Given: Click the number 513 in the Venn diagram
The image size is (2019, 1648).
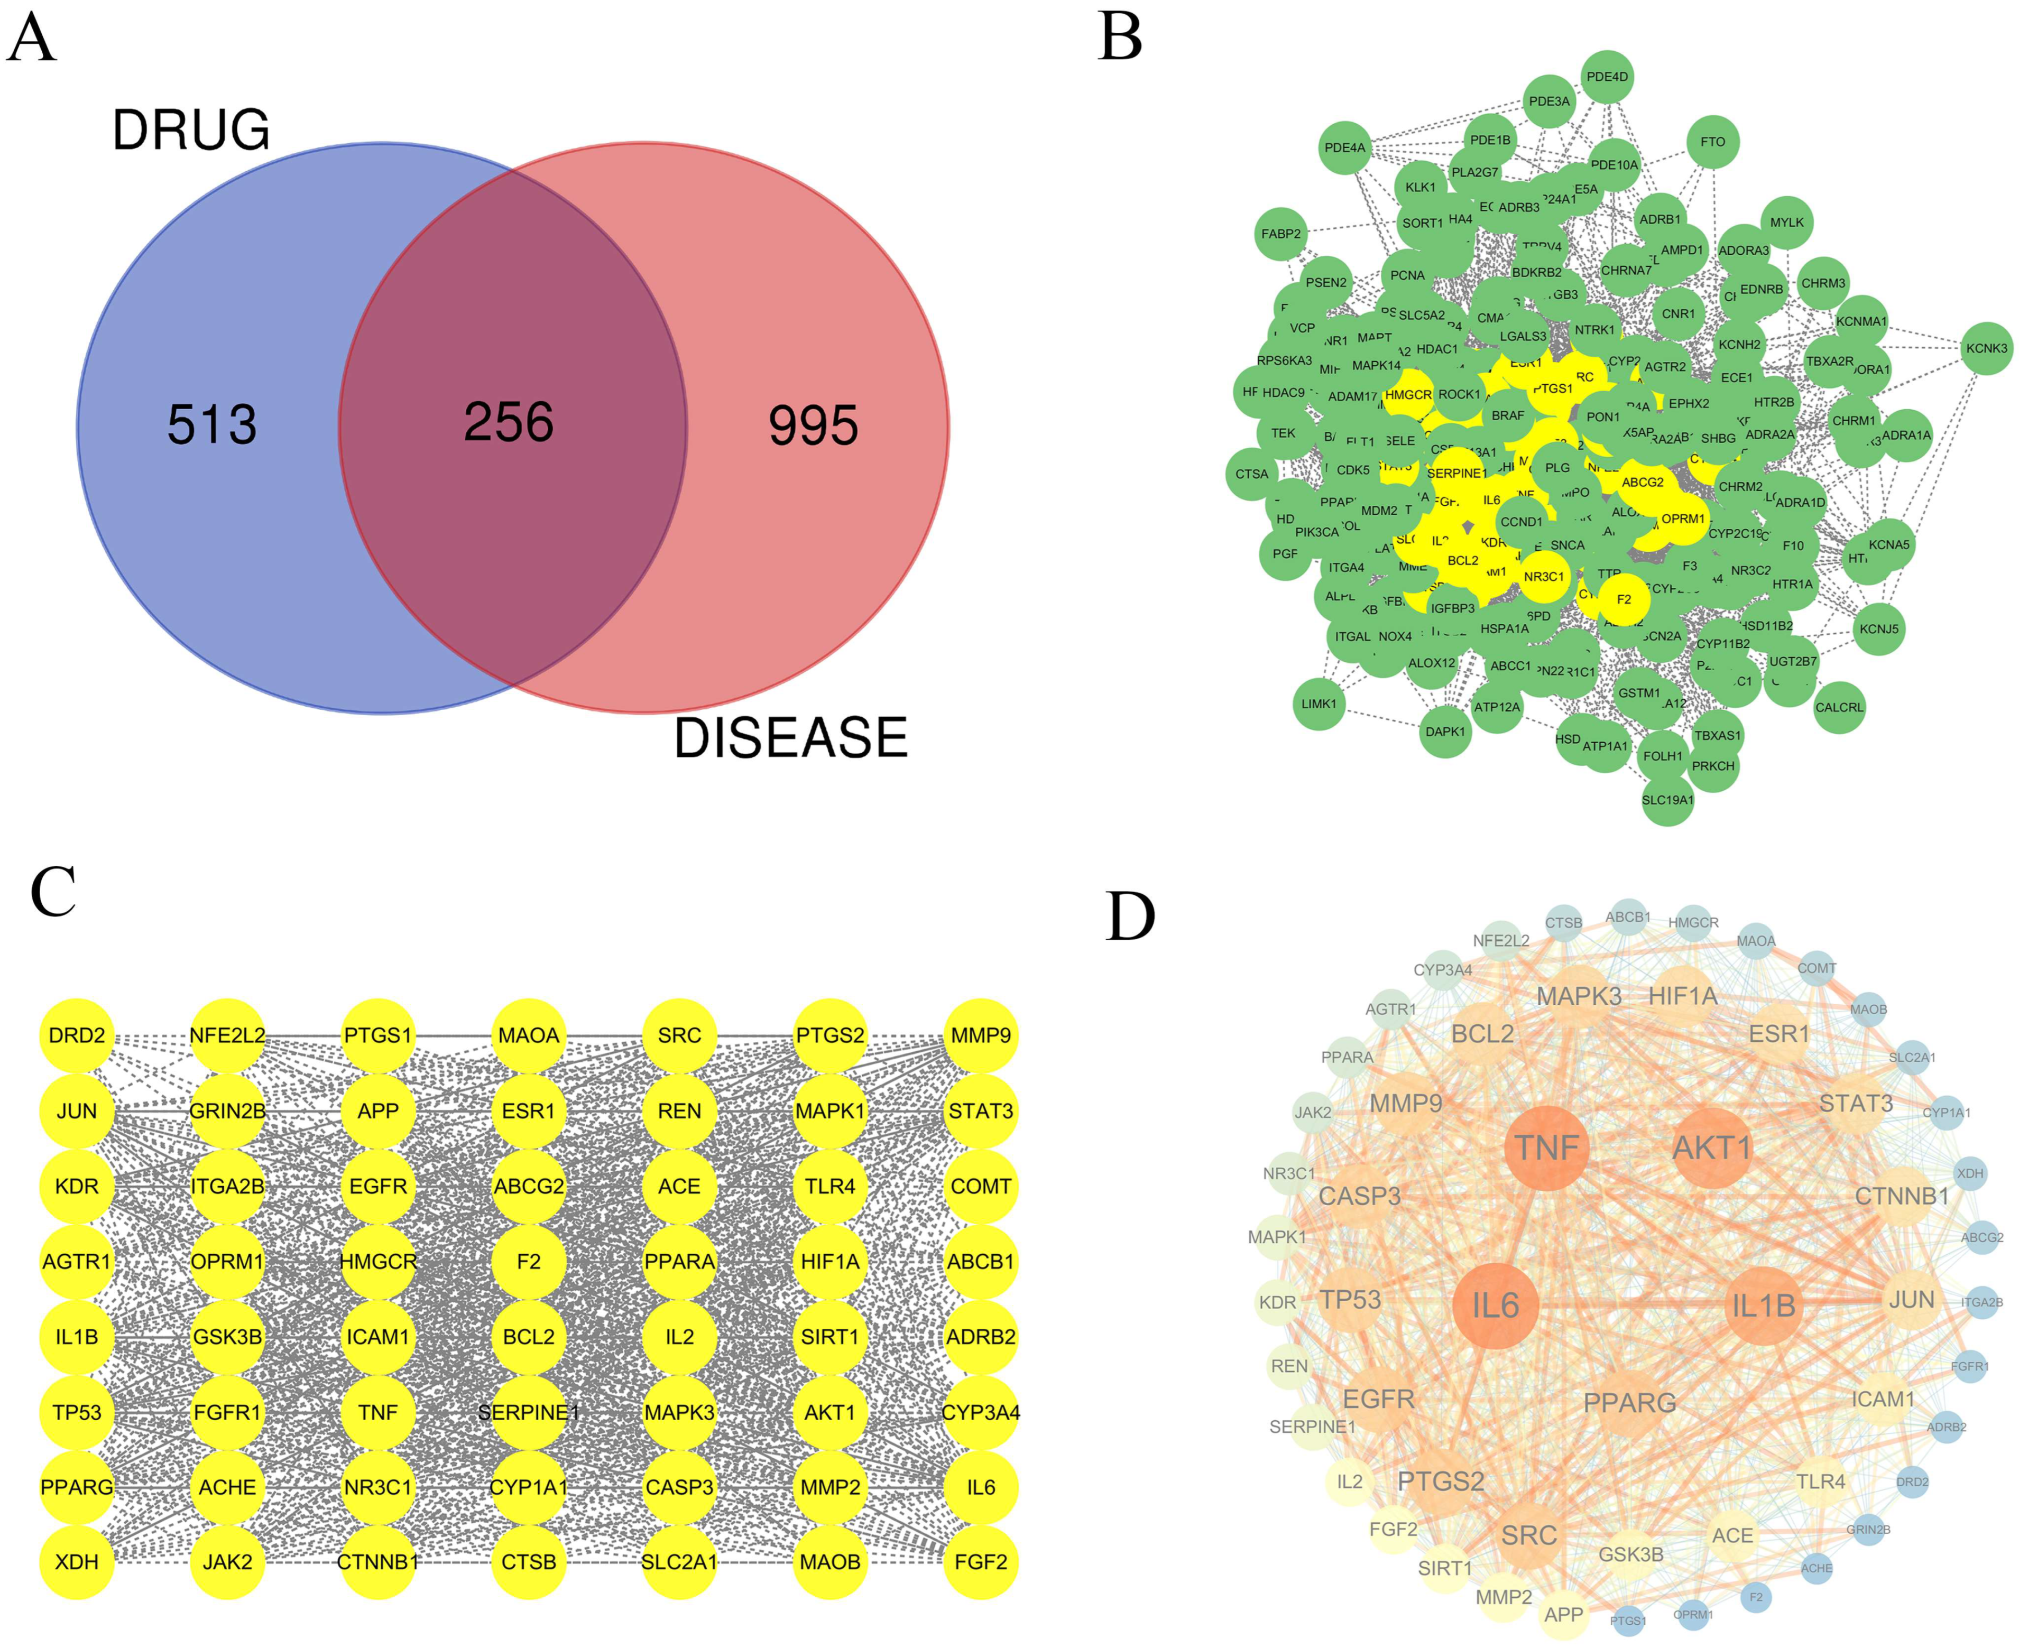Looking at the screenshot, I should click(x=212, y=424).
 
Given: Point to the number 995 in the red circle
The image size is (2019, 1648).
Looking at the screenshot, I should click(x=813, y=425).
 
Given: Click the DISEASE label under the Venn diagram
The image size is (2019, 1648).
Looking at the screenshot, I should click(x=790, y=738).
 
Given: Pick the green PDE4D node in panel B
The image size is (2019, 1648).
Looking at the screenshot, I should click(x=1607, y=77).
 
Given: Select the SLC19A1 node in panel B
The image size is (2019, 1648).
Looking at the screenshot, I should click(x=1667, y=799).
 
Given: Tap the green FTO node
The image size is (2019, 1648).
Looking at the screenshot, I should click(x=1712, y=142).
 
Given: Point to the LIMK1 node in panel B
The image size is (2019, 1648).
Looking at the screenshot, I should click(x=1318, y=703).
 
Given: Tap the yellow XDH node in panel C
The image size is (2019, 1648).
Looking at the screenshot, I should click(x=77, y=1562).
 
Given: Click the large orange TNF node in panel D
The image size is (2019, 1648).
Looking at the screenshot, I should click(x=1546, y=1147).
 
